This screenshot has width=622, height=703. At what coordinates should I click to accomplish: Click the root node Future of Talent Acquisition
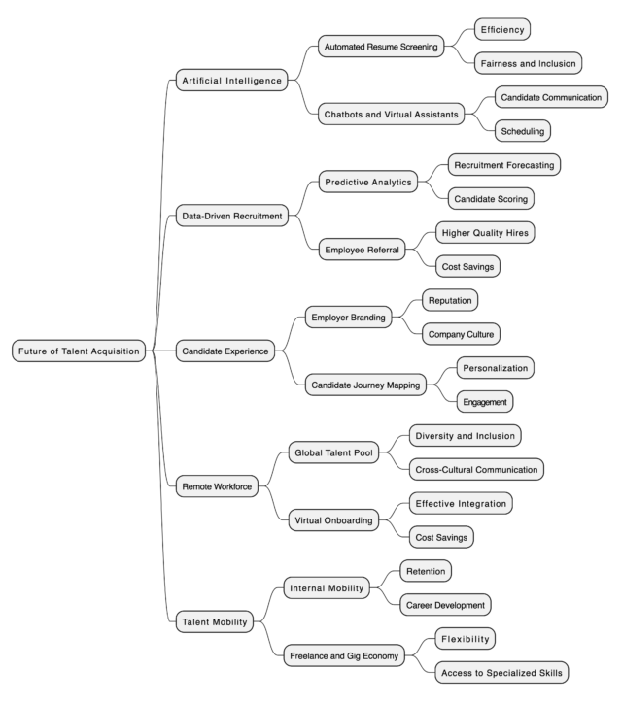click(x=79, y=351)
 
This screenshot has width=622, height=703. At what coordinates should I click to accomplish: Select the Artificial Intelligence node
click(x=231, y=81)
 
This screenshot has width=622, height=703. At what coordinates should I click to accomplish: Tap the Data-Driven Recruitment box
click(x=232, y=216)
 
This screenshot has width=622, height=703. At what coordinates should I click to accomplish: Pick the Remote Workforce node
click(x=217, y=486)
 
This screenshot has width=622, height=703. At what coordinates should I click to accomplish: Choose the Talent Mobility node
click(x=215, y=621)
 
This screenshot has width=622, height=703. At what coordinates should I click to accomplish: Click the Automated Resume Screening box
click(x=381, y=47)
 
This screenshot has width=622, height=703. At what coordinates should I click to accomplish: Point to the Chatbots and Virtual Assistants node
click(x=392, y=115)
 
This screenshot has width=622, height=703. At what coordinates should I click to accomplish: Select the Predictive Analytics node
click(x=368, y=182)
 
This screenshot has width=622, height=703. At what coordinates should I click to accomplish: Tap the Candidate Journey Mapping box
click(x=365, y=385)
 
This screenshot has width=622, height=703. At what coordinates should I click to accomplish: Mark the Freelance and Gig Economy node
click(x=344, y=655)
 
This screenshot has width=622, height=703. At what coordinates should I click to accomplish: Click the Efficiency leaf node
click(x=502, y=29)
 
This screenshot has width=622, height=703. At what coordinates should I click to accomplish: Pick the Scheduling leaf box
click(x=522, y=131)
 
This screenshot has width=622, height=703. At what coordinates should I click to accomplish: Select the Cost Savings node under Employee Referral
click(x=467, y=266)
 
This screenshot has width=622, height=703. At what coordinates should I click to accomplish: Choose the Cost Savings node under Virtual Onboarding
click(x=441, y=537)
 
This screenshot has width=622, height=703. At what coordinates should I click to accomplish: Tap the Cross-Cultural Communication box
click(x=476, y=469)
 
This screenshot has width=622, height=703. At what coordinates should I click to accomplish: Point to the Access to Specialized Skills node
click(x=501, y=673)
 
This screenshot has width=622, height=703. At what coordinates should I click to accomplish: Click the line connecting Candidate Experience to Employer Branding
click(x=290, y=334)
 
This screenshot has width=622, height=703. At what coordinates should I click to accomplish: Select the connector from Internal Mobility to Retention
click(x=385, y=580)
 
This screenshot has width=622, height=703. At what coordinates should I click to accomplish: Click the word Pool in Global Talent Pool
click(x=363, y=452)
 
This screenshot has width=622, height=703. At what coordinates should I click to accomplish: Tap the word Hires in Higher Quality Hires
click(x=517, y=233)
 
